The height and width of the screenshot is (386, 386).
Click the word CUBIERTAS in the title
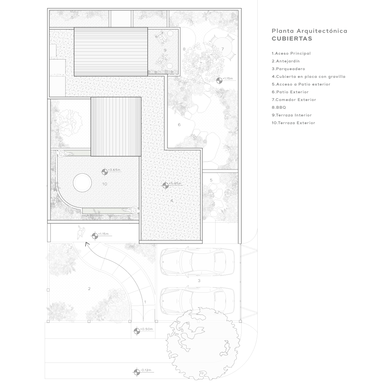[292, 39]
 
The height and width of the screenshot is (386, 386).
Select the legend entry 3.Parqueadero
[288, 69]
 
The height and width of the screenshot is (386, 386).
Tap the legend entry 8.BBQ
[279, 107]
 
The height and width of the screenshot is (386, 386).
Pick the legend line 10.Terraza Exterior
[293, 123]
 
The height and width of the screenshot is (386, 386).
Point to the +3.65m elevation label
[114, 170]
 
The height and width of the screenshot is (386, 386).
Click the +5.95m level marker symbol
[165, 186]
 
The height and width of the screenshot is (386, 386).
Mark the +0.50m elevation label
[147, 329]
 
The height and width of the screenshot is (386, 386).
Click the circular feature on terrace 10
[82, 183]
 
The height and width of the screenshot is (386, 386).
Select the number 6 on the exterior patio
[179, 125]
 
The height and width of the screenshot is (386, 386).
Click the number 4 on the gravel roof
[171, 201]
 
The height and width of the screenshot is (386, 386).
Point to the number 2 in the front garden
[89, 289]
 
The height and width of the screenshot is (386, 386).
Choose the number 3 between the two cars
[199, 280]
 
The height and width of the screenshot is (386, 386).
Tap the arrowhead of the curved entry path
[87, 244]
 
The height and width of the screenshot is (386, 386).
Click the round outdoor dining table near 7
[222, 48]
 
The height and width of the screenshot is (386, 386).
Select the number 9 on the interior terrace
[165, 50]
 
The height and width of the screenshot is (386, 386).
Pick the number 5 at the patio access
[211, 180]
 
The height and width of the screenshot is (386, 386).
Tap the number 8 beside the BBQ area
[184, 49]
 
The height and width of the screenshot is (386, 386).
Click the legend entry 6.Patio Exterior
[290, 92]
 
